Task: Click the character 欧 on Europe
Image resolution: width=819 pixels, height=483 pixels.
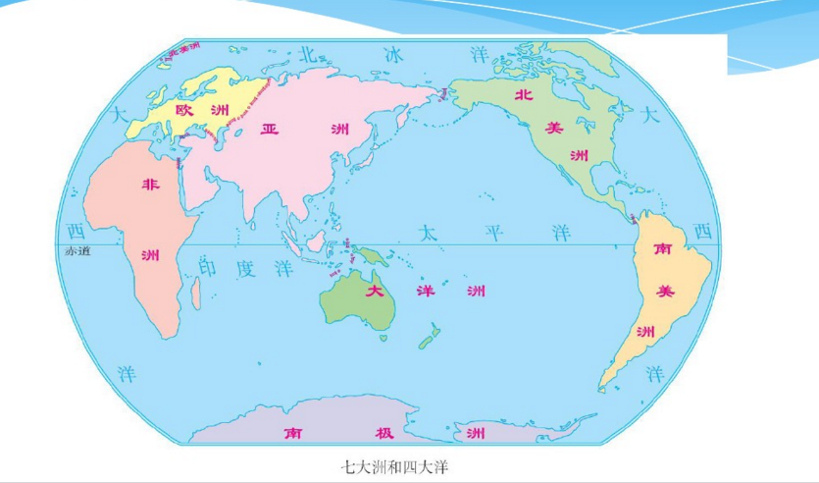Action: point(185,110)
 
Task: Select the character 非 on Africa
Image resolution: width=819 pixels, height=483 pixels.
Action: point(150,184)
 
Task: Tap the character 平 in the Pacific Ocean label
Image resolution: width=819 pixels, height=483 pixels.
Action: point(491,233)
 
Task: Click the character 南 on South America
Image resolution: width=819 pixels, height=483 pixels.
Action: point(664,249)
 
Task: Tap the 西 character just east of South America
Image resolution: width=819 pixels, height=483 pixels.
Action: point(701,232)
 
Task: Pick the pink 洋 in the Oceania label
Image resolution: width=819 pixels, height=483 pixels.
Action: point(425,292)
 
